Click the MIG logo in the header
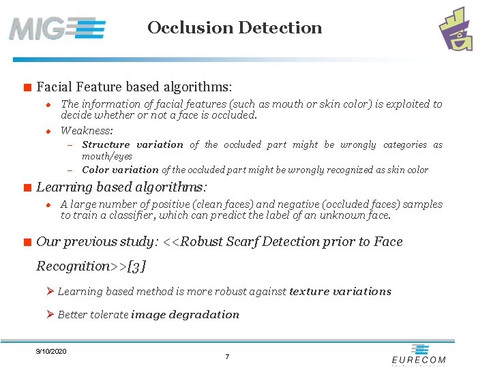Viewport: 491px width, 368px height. click(x=57, y=29)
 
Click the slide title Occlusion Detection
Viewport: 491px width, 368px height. click(x=235, y=28)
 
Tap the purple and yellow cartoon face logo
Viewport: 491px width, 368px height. click(x=456, y=29)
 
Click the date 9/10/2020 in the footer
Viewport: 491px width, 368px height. click(x=51, y=351)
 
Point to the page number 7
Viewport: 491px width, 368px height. click(x=227, y=357)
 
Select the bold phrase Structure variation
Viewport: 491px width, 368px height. click(x=132, y=144)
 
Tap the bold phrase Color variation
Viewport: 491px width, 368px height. click(x=120, y=170)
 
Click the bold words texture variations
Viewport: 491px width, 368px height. click(x=340, y=292)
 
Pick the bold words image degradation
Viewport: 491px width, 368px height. click(x=185, y=315)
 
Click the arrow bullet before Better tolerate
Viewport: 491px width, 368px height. click(x=50, y=314)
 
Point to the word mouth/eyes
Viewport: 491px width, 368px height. click(x=107, y=157)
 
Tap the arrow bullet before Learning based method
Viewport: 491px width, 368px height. click(x=50, y=291)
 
